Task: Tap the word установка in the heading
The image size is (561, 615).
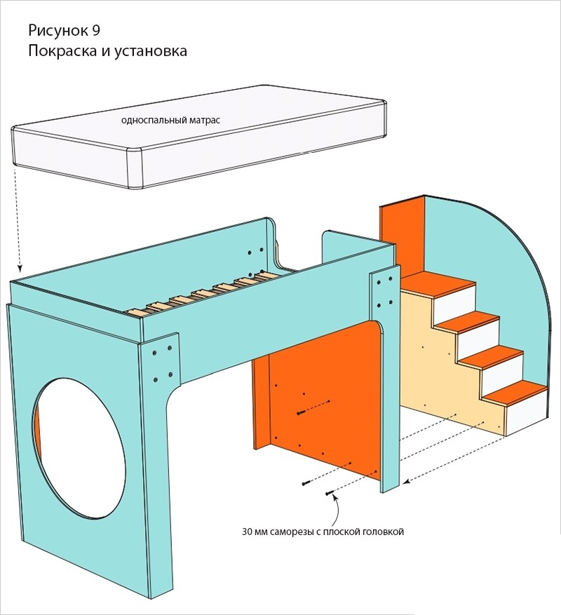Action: pyautogui.click(x=150, y=51)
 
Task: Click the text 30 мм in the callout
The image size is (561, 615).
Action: pyautogui.click(x=253, y=532)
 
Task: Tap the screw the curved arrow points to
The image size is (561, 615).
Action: pyautogui.click(x=330, y=494)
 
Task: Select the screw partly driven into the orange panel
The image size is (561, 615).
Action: pyautogui.click(x=302, y=412)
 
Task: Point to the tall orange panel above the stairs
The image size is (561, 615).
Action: pyautogui.click(x=402, y=238)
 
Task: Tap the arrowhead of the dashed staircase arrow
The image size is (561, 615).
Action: pyautogui.click(x=407, y=481)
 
